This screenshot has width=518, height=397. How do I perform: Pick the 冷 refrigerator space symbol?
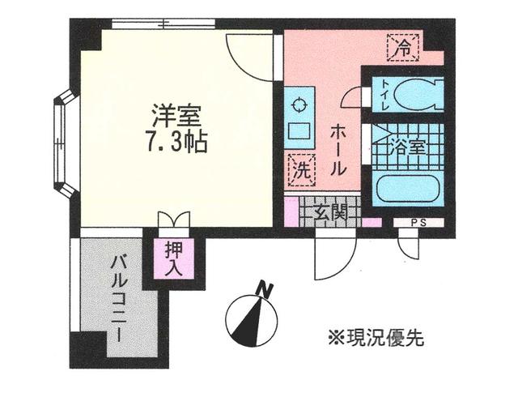click(x=402, y=47)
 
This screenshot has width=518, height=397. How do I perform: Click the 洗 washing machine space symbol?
click(x=299, y=170)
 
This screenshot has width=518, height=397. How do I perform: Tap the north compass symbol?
click(x=251, y=318)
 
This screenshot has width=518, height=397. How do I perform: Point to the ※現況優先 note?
click(x=376, y=334)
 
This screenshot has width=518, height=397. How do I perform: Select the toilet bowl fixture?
click(x=421, y=93)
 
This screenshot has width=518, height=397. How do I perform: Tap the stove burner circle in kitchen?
click(x=298, y=104)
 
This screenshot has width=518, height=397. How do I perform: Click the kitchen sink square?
click(x=298, y=130)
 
